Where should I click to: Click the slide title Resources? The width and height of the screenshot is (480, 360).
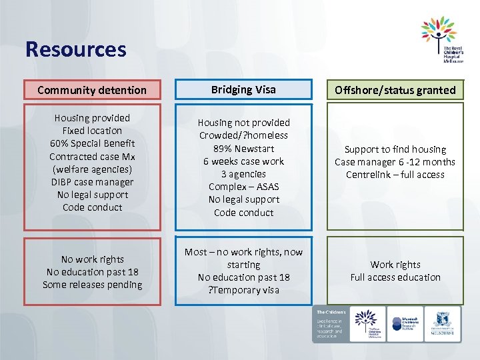pos(75,49)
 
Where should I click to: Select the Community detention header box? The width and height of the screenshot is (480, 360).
pos(92,90)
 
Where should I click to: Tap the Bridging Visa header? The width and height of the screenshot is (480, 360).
pos(243,89)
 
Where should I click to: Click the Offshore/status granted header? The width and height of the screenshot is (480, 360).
pos(395,90)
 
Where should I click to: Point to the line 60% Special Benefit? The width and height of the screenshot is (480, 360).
pos(92,143)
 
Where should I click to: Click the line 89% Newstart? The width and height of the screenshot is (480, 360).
pos(243,149)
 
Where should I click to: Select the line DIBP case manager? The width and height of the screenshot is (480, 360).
pos(92,182)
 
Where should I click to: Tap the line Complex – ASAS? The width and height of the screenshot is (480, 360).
pos(243,187)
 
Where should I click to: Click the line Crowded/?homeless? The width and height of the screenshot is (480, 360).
pos(243,135)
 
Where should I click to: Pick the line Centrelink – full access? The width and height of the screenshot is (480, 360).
pos(395,175)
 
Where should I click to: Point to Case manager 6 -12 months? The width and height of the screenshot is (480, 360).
pos(395,162)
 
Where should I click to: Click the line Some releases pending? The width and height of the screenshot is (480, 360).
pos(92,285)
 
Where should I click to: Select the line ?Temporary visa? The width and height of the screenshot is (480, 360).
pos(243,290)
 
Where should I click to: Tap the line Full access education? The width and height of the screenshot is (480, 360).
pos(395,277)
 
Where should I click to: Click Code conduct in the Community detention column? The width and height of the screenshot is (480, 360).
pos(92,207)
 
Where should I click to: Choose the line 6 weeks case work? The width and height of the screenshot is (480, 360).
pos(243,161)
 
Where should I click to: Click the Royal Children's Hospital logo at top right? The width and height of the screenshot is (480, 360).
pos(441,41)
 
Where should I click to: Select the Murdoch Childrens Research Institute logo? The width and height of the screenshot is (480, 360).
pos(405,325)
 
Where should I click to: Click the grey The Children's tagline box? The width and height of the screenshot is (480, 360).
pos(329,325)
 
